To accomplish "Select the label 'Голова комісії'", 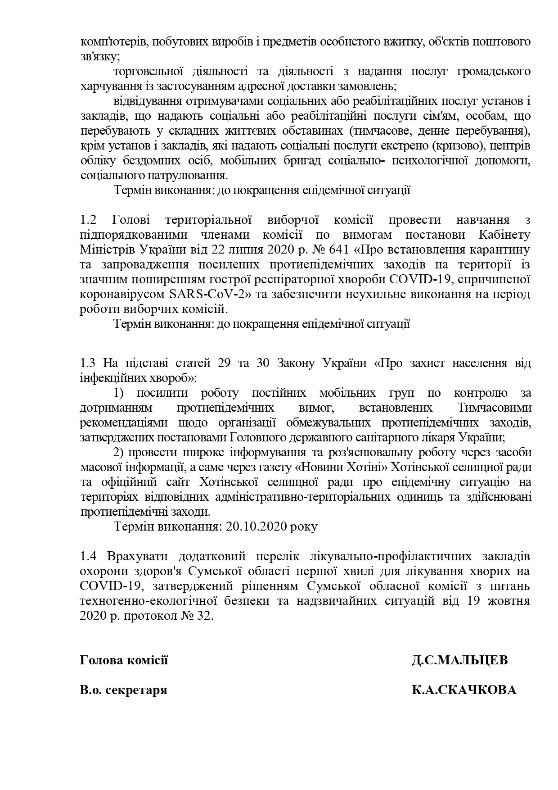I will pos(124,660).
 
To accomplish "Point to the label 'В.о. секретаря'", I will pos(123,690).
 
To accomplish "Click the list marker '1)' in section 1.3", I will pos(119,393).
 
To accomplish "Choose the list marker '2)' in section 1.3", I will pos(119,453).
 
